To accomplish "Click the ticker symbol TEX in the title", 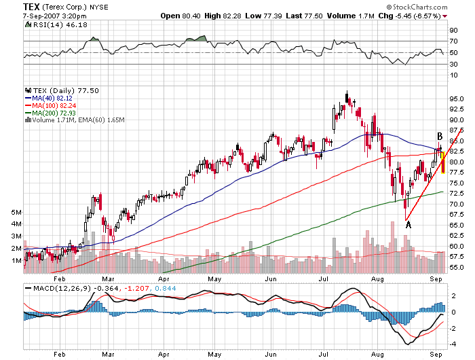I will click(x=31, y=6).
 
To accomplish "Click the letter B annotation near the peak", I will click(x=440, y=137).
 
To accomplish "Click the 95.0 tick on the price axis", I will click(x=456, y=98).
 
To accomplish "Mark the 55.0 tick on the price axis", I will click(x=456, y=267).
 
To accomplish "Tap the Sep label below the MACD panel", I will click(x=436, y=354).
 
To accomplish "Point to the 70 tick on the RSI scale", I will click(x=453, y=41).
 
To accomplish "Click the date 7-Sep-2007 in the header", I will click(x=43, y=15).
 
